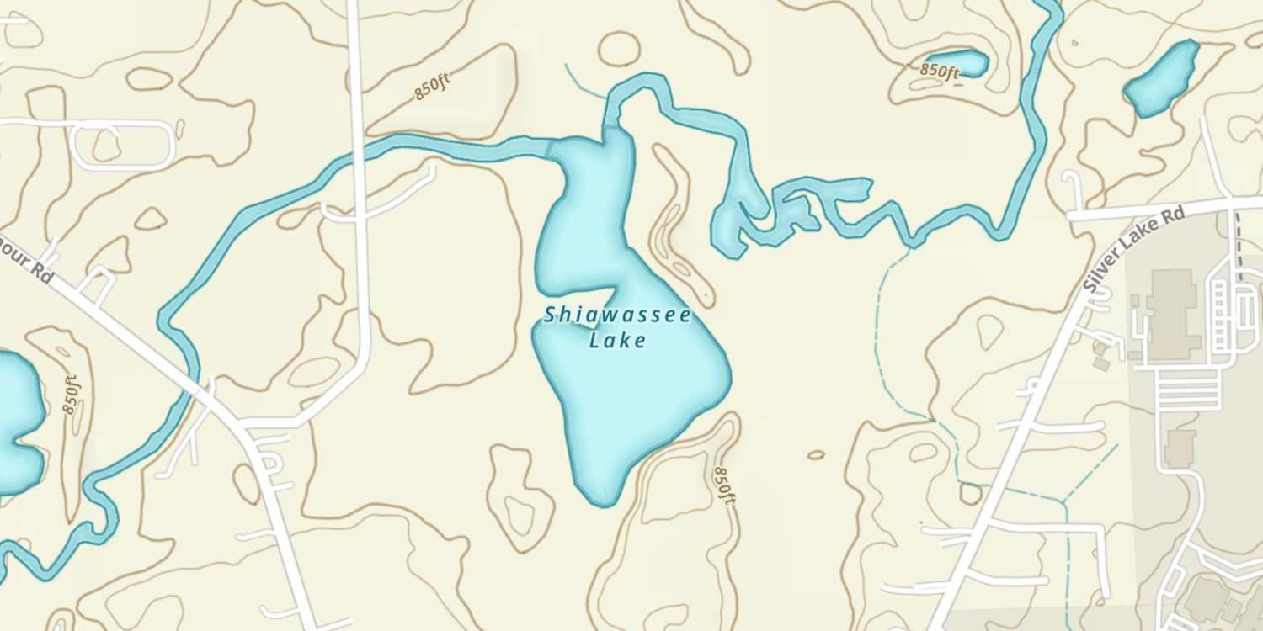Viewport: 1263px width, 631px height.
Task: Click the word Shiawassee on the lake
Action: click(617, 316)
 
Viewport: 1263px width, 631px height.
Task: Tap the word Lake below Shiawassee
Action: click(617, 341)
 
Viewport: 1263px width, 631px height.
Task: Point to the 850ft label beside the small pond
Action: click(940, 71)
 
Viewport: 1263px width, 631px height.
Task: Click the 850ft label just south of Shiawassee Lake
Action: click(724, 485)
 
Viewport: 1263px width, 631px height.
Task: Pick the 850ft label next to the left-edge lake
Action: click(71, 394)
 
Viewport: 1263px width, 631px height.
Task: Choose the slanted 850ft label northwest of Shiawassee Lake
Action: click(433, 87)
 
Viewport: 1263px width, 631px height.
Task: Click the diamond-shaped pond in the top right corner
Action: click(1163, 77)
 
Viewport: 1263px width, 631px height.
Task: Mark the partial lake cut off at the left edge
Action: click(17, 421)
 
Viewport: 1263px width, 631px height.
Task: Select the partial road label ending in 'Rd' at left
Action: click(34, 268)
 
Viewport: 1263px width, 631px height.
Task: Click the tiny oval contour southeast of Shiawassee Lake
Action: click(815, 455)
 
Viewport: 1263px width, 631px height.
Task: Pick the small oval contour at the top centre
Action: click(619, 48)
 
